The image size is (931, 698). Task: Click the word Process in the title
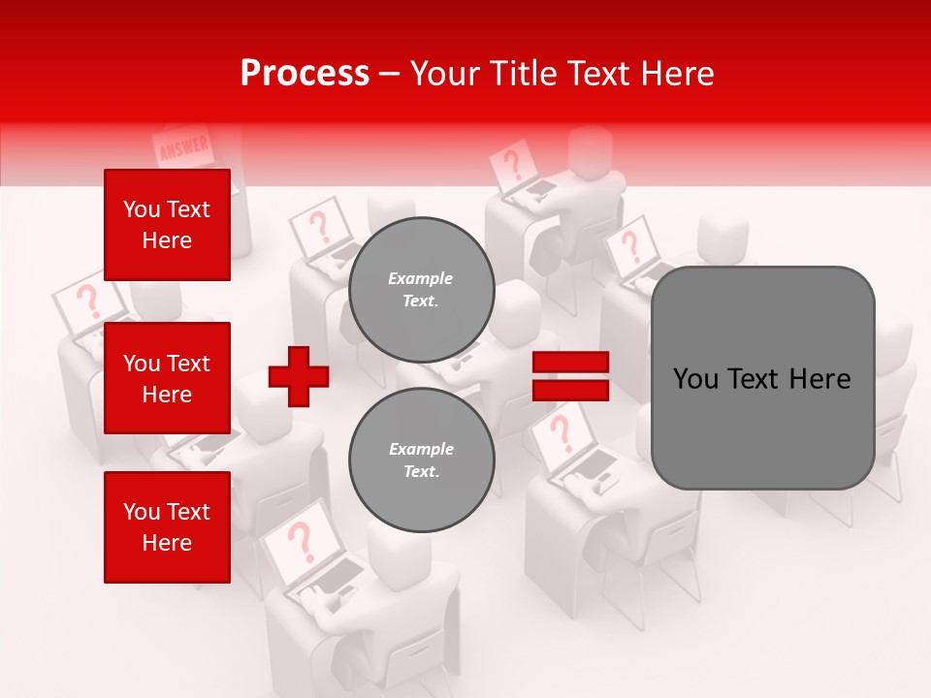(305, 74)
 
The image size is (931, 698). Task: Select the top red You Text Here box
(167, 225)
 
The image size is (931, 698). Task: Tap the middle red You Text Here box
(167, 378)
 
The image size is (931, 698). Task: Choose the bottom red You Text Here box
(167, 527)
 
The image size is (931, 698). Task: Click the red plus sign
(299, 376)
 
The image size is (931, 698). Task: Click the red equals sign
(570, 377)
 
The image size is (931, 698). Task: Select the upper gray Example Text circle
(421, 290)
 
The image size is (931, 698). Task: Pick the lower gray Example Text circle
(421, 460)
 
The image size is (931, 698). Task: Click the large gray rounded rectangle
(762, 378)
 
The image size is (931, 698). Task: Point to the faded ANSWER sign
(182, 148)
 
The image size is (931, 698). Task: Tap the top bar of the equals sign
(570, 363)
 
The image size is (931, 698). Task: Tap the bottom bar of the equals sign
(570, 391)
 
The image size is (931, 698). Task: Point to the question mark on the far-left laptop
(88, 301)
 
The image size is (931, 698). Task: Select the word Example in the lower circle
(421, 449)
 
